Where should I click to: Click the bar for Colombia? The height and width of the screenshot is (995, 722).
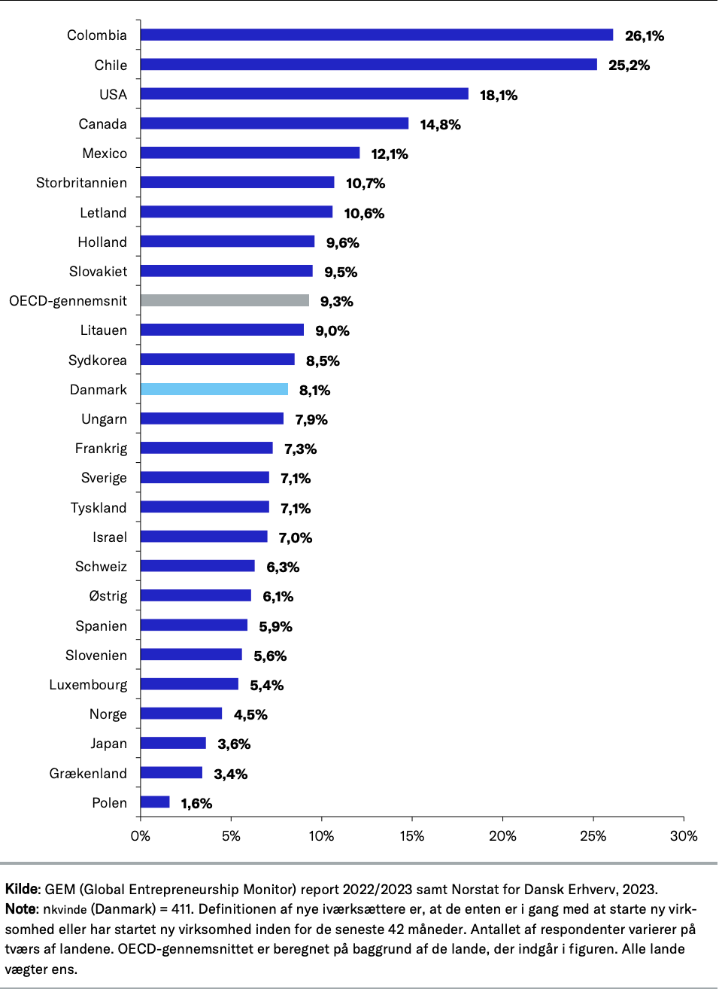click(x=376, y=35)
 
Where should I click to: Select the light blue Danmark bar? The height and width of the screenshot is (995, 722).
click(x=214, y=389)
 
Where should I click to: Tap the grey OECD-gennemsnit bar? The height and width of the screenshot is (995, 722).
click(x=224, y=301)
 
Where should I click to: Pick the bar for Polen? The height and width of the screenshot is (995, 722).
click(x=155, y=802)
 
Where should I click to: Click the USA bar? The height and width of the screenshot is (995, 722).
click(x=304, y=94)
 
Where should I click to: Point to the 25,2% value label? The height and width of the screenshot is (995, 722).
click(x=629, y=65)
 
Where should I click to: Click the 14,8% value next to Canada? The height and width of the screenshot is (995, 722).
click(x=440, y=124)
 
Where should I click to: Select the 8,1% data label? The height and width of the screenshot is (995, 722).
click(x=314, y=390)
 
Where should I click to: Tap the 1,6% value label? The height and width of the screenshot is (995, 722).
click(x=196, y=803)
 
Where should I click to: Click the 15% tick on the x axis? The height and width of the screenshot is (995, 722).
click(x=411, y=835)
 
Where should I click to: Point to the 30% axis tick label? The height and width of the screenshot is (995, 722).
click(x=683, y=835)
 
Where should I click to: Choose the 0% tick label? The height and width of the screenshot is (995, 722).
click(x=141, y=835)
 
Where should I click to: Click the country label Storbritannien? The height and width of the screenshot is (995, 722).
click(x=81, y=183)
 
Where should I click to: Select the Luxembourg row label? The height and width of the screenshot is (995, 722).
click(x=88, y=685)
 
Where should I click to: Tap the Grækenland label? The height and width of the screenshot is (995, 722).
click(x=88, y=773)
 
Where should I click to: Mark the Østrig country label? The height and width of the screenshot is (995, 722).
click(x=108, y=596)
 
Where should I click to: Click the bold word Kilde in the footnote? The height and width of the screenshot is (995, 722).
click(x=21, y=889)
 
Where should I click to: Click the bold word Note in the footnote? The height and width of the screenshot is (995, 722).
click(x=20, y=909)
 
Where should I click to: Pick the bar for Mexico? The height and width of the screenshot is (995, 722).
click(x=250, y=154)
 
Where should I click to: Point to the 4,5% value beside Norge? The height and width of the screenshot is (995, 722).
click(x=250, y=714)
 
